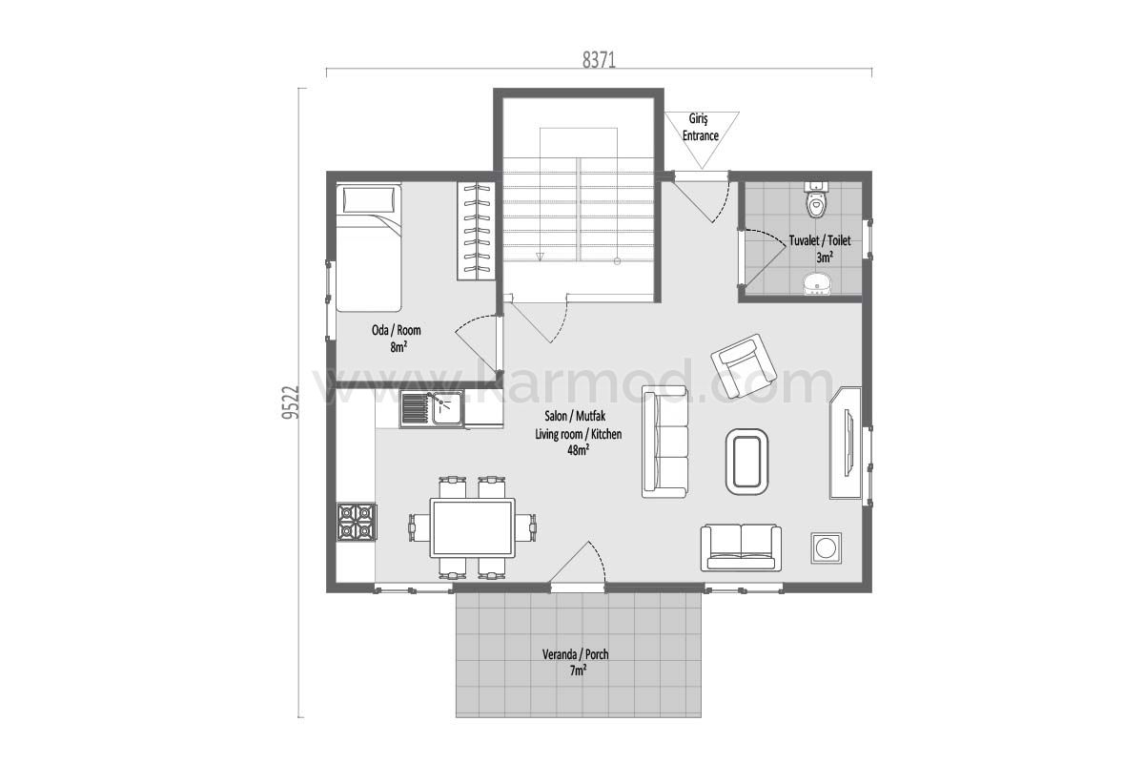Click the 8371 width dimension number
[x=599, y=60]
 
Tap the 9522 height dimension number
[x=290, y=402]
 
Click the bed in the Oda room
[x=368, y=247]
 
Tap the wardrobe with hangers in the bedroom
[x=476, y=231]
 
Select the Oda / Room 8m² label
[x=397, y=339]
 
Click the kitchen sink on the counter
[x=432, y=408]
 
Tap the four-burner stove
[x=357, y=522]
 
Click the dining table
[x=472, y=527]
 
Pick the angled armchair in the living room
[x=743, y=366]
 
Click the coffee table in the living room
[x=746, y=462]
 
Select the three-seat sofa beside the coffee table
[x=664, y=442]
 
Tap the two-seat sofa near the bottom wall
[x=741, y=547]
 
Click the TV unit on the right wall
[x=846, y=443]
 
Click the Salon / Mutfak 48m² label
[x=578, y=433]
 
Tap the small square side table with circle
[x=826, y=547]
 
